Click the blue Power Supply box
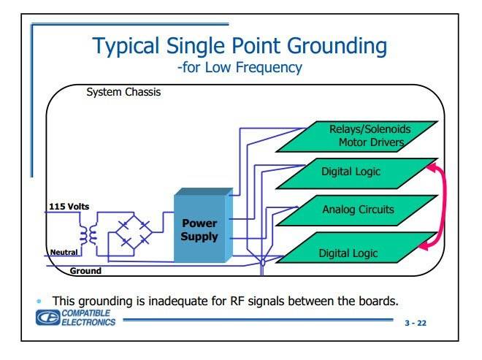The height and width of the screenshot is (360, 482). (x=200, y=226)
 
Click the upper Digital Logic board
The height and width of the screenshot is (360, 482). (x=354, y=173)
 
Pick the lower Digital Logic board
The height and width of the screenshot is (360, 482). (x=349, y=253)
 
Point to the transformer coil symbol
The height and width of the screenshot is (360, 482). (x=92, y=234)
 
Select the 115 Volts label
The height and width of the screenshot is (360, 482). (x=69, y=207)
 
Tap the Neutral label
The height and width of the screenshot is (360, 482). (x=64, y=253)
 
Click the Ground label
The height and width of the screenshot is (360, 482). (x=85, y=271)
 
